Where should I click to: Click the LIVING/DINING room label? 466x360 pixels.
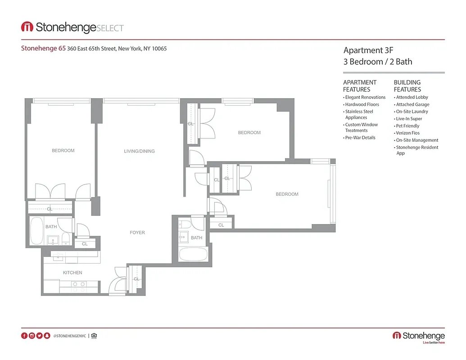pos(139,151)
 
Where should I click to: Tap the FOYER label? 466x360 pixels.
pos(137,233)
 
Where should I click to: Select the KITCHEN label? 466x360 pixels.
pos(72,273)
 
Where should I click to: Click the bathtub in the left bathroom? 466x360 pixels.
pos(36,230)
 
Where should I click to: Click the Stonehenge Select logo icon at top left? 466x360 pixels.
pos(27,27)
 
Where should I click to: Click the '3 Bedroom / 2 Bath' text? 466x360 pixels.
pos(377,62)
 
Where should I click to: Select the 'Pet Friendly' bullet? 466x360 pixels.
pos(407,126)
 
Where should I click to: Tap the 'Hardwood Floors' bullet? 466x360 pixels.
pos(362,104)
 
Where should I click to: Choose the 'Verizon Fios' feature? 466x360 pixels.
pos(407,133)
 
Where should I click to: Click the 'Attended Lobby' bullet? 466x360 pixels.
pos(412,97)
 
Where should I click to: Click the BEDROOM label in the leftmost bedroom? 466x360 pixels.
pos(63,151)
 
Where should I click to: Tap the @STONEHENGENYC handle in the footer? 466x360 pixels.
pos(69,336)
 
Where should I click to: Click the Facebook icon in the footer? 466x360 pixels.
pos(24,336)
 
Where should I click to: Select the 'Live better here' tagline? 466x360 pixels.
pos(433,343)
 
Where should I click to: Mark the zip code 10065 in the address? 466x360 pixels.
pos(159,49)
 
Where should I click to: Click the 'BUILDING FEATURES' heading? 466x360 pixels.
pos(407,86)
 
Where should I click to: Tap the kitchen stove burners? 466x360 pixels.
pos(79,284)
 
